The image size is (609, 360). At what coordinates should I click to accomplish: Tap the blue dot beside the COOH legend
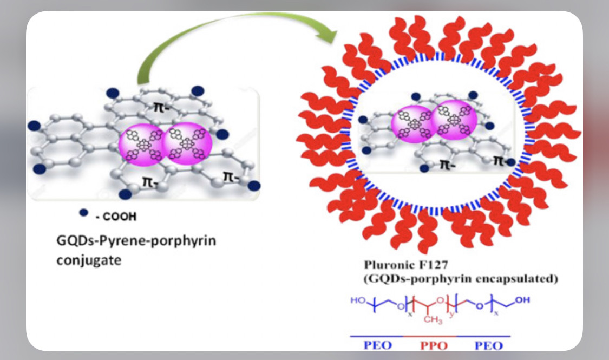click(83, 213)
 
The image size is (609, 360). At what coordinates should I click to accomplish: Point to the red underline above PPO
click(430, 336)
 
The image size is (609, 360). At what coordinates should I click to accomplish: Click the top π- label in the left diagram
click(160, 102)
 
